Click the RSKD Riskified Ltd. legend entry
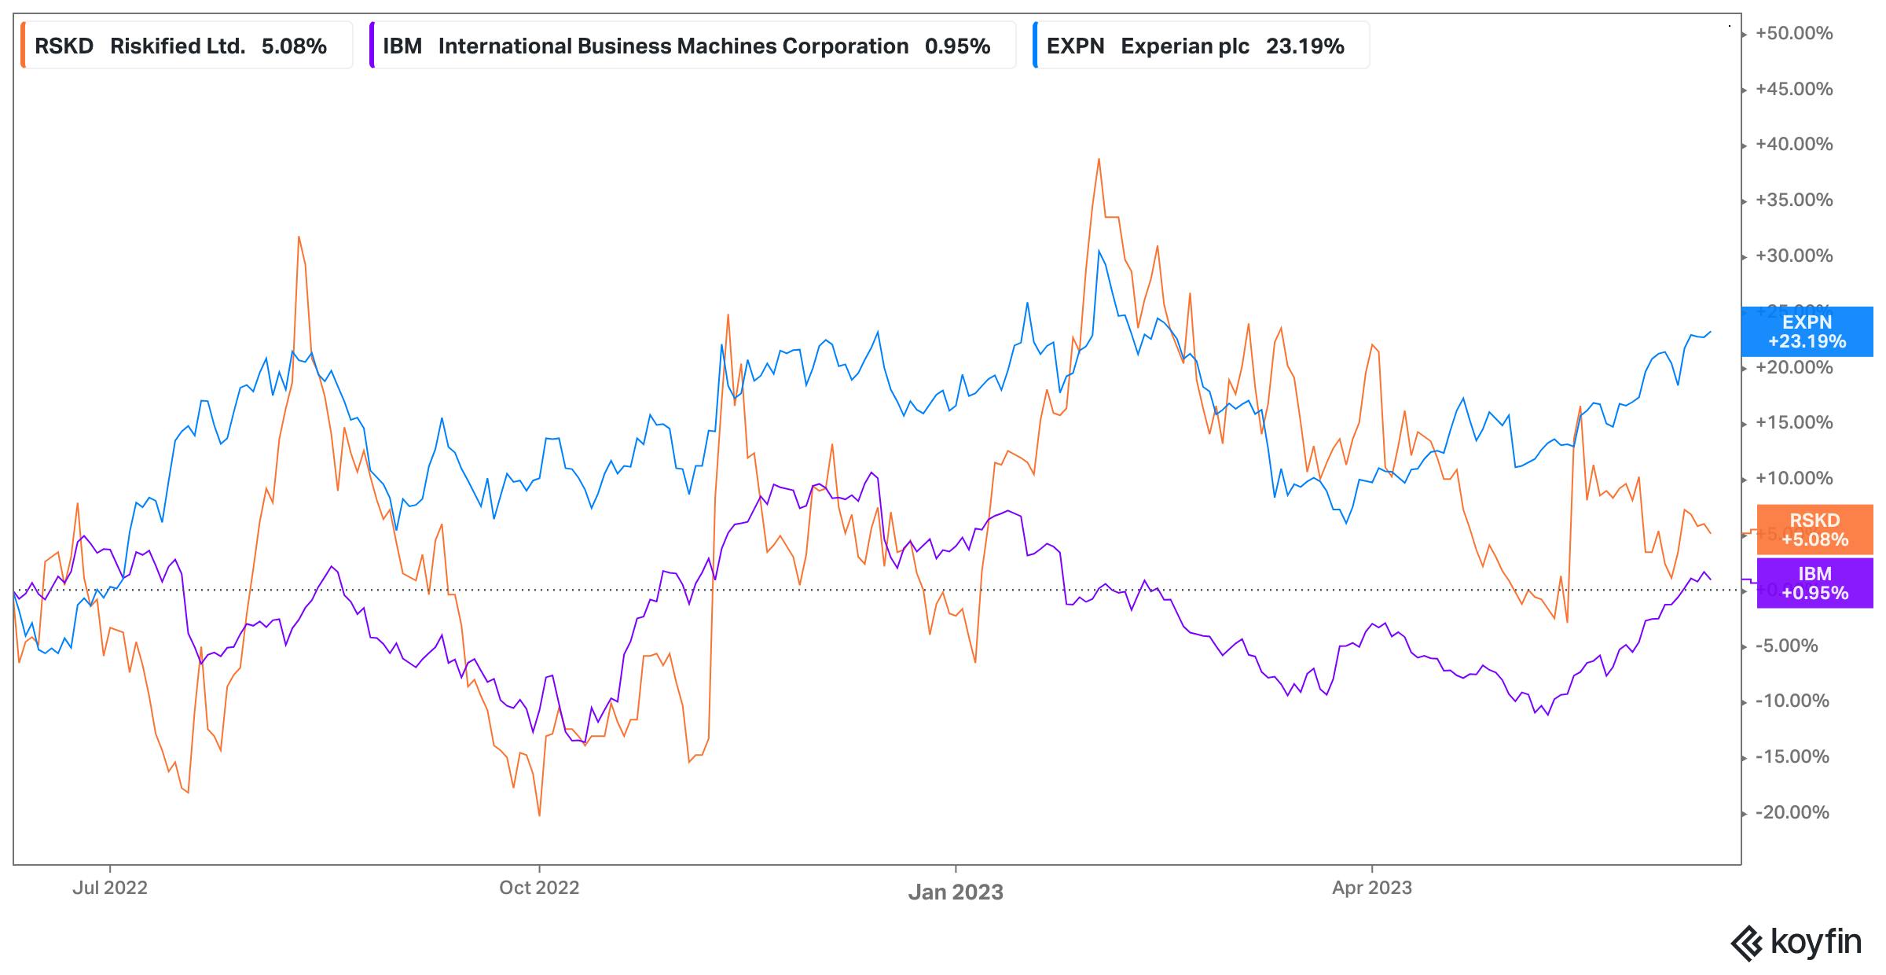(181, 46)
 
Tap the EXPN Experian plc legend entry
(1194, 46)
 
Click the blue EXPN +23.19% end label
(1807, 332)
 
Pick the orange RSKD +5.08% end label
(1814, 530)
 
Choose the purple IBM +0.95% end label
(1814, 583)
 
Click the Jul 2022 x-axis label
(110, 888)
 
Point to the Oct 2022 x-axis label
(539, 888)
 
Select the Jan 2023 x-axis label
(956, 892)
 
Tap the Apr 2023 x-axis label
(1372, 888)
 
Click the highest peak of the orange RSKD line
(1099, 159)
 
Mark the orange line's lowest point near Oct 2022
(539, 815)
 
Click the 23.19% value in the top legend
(1304, 46)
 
